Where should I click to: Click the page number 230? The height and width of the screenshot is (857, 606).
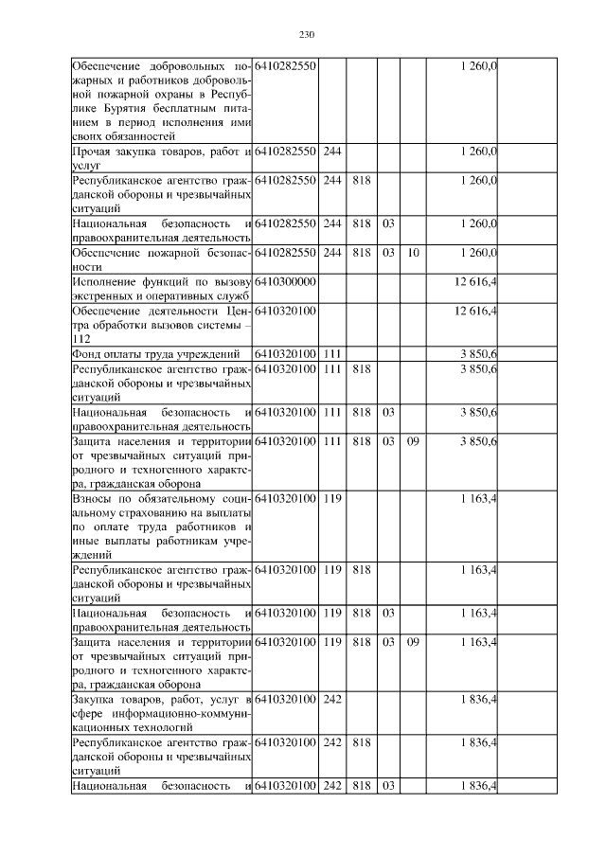[x=306, y=35]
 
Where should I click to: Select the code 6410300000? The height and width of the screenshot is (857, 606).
[x=285, y=282]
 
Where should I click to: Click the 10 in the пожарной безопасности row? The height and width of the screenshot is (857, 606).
[x=413, y=254]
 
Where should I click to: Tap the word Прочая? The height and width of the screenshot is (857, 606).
[x=93, y=152]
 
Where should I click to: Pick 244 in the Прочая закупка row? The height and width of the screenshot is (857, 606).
[x=331, y=152]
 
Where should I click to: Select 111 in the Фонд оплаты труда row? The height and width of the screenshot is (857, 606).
[x=331, y=353]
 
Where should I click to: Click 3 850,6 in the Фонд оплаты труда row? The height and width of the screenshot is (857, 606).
[x=479, y=353]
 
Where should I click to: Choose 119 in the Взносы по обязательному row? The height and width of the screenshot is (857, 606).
[x=331, y=498]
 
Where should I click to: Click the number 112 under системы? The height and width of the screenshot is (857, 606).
[x=81, y=338]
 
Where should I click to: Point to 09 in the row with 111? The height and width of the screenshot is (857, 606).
[x=413, y=440]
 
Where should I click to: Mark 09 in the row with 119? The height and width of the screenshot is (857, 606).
[x=413, y=642]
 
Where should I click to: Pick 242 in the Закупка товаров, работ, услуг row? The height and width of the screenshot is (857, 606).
[x=331, y=700]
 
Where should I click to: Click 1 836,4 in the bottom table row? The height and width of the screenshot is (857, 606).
[x=479, y=785]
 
